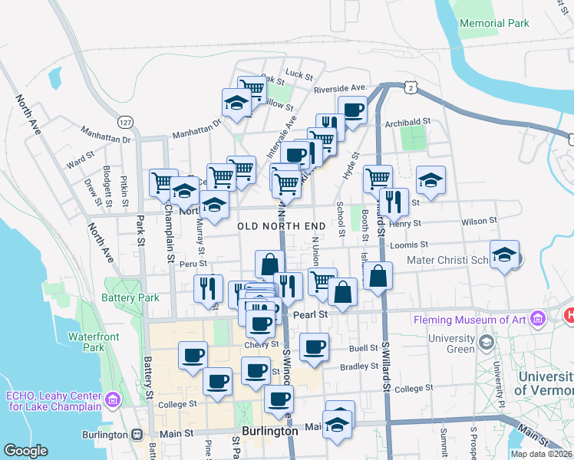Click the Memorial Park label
point(494,23)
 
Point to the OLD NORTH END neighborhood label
point(281,226)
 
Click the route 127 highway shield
point(124,121)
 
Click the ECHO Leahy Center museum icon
point(114,400)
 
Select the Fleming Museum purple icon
point(537,317)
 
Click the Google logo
point(26,451)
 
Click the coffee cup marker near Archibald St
point(353,110)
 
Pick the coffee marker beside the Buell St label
point(314,347)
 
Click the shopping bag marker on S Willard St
point(378,276)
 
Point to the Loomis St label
point(408,245)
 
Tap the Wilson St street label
point(479,221)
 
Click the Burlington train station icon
point(137,433)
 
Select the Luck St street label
point(299,75)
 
